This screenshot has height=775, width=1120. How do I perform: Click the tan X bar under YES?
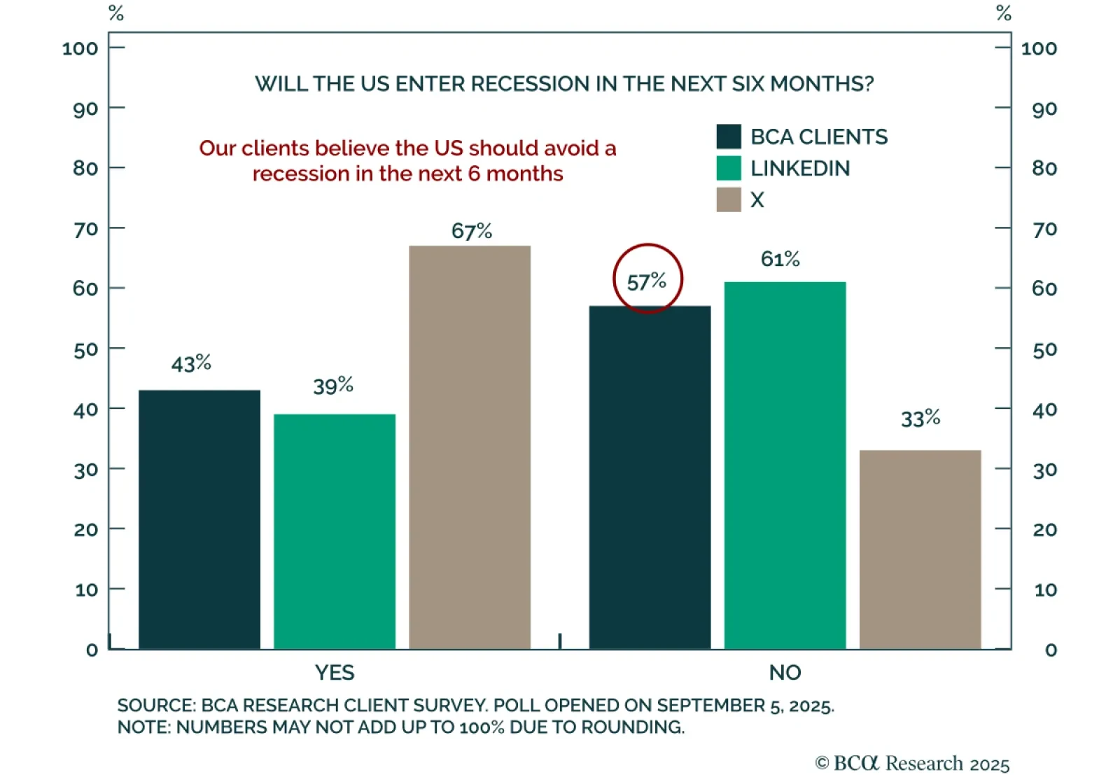pos(469,448)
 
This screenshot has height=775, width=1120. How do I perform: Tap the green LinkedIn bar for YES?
pos(335,532)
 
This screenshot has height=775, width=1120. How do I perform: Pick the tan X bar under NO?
pos(920,550)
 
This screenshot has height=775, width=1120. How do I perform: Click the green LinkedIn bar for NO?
pos(785,466)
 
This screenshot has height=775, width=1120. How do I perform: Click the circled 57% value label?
pos(647,281)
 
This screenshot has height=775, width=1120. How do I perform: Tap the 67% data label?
pos(471,231)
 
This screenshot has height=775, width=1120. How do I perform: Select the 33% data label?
pos(920,419)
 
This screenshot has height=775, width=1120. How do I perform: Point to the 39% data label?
pos(333,386)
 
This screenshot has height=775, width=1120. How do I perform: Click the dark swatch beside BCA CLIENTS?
pos(729,137)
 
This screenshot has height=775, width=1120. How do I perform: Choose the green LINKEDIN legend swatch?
pos(729,168)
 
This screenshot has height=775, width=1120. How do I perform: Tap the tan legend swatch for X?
pos(729,200)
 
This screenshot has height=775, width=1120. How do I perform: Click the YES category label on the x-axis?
pos(335,673)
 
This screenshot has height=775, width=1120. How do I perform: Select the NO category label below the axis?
pos(785,673)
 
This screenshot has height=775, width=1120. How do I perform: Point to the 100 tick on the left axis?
pos(80,48)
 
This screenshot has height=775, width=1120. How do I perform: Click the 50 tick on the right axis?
pos(1044,349)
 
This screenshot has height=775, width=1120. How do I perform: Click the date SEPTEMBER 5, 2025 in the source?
pos(745,705)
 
